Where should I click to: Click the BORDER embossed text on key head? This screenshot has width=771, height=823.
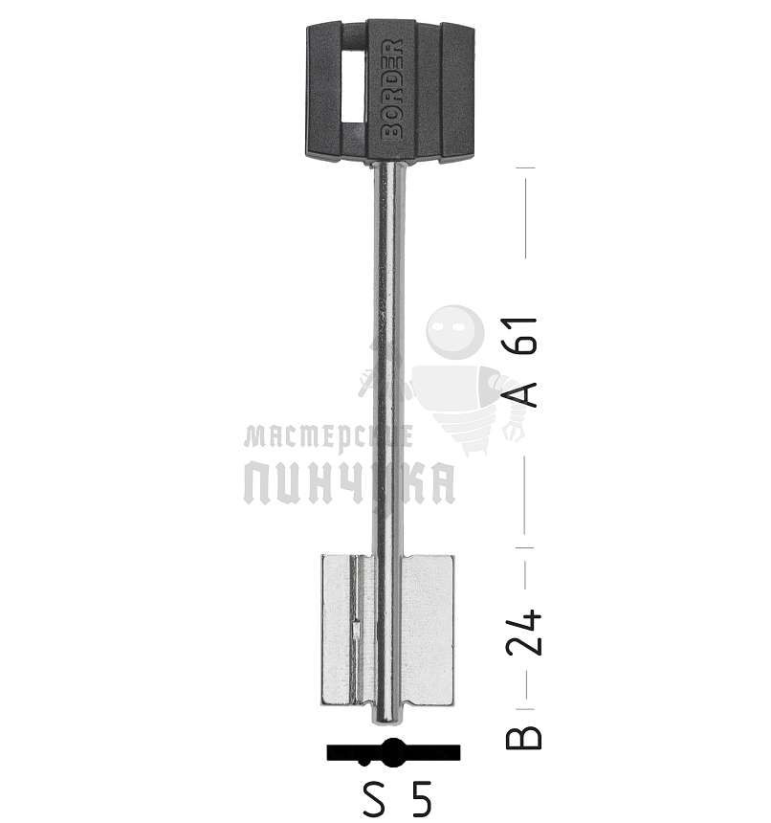(x=392, y=89)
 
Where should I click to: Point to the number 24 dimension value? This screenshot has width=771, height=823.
(x=523, y=633)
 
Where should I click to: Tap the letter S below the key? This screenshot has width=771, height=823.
(x=374, y=799)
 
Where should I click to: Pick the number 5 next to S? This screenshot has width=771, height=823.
(x=422, y=799)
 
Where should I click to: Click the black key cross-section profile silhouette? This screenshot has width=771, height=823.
(x=393, y=753)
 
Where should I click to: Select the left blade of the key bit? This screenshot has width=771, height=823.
(x=346, y=630)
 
